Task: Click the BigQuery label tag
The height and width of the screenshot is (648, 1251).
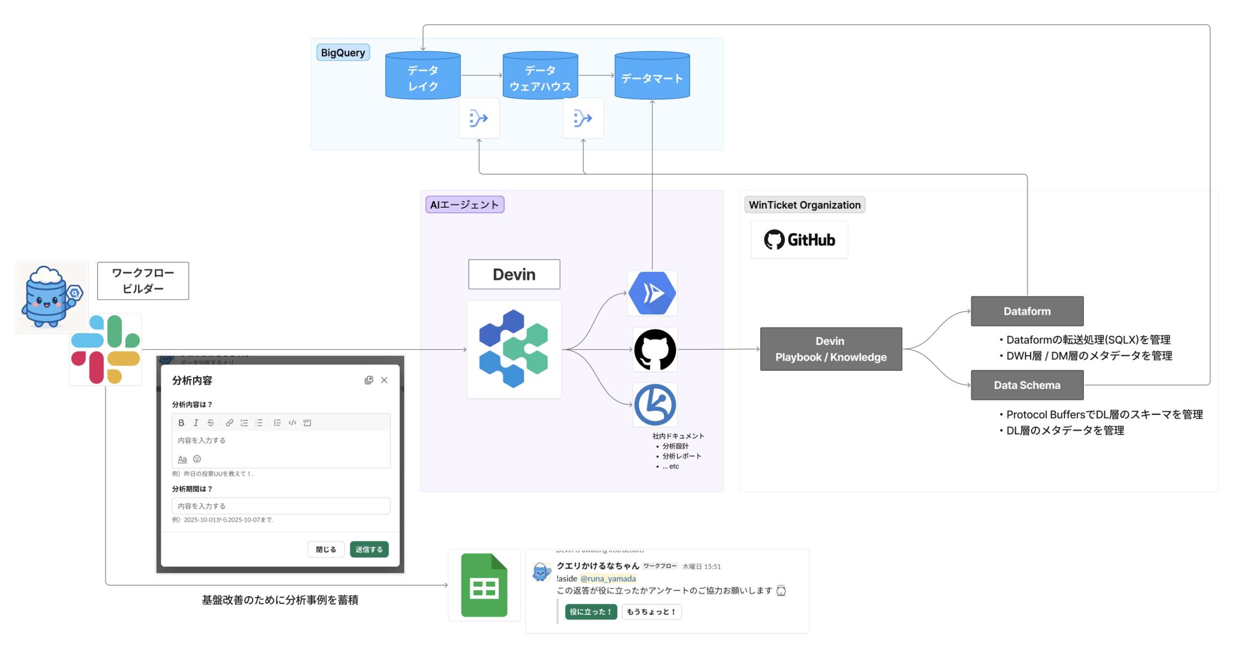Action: pyautogui.click(x=343, y=53)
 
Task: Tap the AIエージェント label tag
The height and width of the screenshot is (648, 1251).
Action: pyautogui.click(x=464, y=205)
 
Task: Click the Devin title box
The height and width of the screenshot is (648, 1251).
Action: pyautogui.click(x=514, y=275)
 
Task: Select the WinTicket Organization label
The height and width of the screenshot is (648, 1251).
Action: pyautogui.click(x=804, y=205)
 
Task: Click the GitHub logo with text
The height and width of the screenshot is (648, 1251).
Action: pyautogui.click(x=799, y=240)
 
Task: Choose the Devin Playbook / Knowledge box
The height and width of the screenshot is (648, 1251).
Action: pyautogui.click(x=831, y=349)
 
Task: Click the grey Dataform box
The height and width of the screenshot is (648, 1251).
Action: pyautogui.click(x=1027, y=311)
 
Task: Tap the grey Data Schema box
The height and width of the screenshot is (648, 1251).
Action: pyautogui.click(x=1027, y=385)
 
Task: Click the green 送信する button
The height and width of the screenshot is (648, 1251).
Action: pyautogui.click(x=369, y=549)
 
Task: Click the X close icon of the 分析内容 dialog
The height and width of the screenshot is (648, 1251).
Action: pyautogui.click(x=384, y=380)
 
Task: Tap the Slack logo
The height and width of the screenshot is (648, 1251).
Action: pyautogui.click(x=106, y=349)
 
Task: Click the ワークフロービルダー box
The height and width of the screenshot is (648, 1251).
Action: pyautogui.click(x=143, y=281)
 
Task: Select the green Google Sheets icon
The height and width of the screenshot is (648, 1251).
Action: pyautogui.click(x=484, y=585)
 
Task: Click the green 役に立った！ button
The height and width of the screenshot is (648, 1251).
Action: pyautogui.click(x=590, y=611)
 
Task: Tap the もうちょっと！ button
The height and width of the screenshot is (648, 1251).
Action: pyautogui.click(x=651, y=611)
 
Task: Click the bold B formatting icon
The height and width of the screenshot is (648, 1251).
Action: pyautogui.click(x=181, y=423)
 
